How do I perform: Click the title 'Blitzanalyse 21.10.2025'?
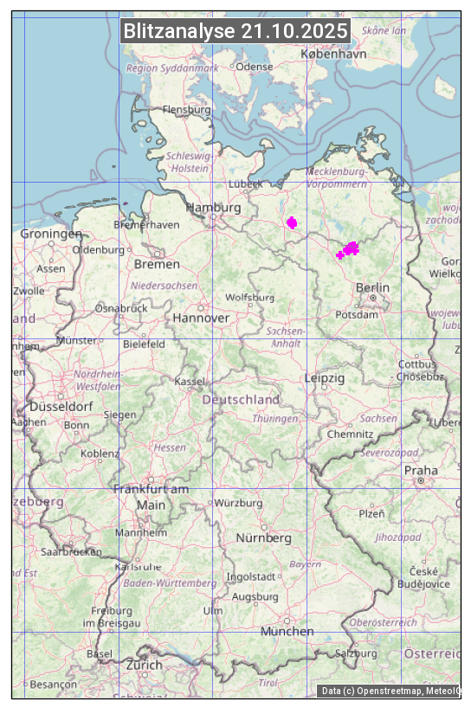235,31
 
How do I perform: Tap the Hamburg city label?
213,208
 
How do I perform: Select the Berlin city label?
372,287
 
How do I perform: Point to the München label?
287,631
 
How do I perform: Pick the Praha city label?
421,471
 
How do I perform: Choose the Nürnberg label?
264,538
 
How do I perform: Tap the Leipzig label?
325,378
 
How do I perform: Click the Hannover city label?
201,318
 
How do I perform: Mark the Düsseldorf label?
61,406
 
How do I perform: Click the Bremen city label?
157,263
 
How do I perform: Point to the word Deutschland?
241,400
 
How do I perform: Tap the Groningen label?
51,234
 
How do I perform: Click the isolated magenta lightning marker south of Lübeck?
292,222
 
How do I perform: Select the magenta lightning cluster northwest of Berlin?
349,250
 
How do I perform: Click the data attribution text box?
389,691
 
